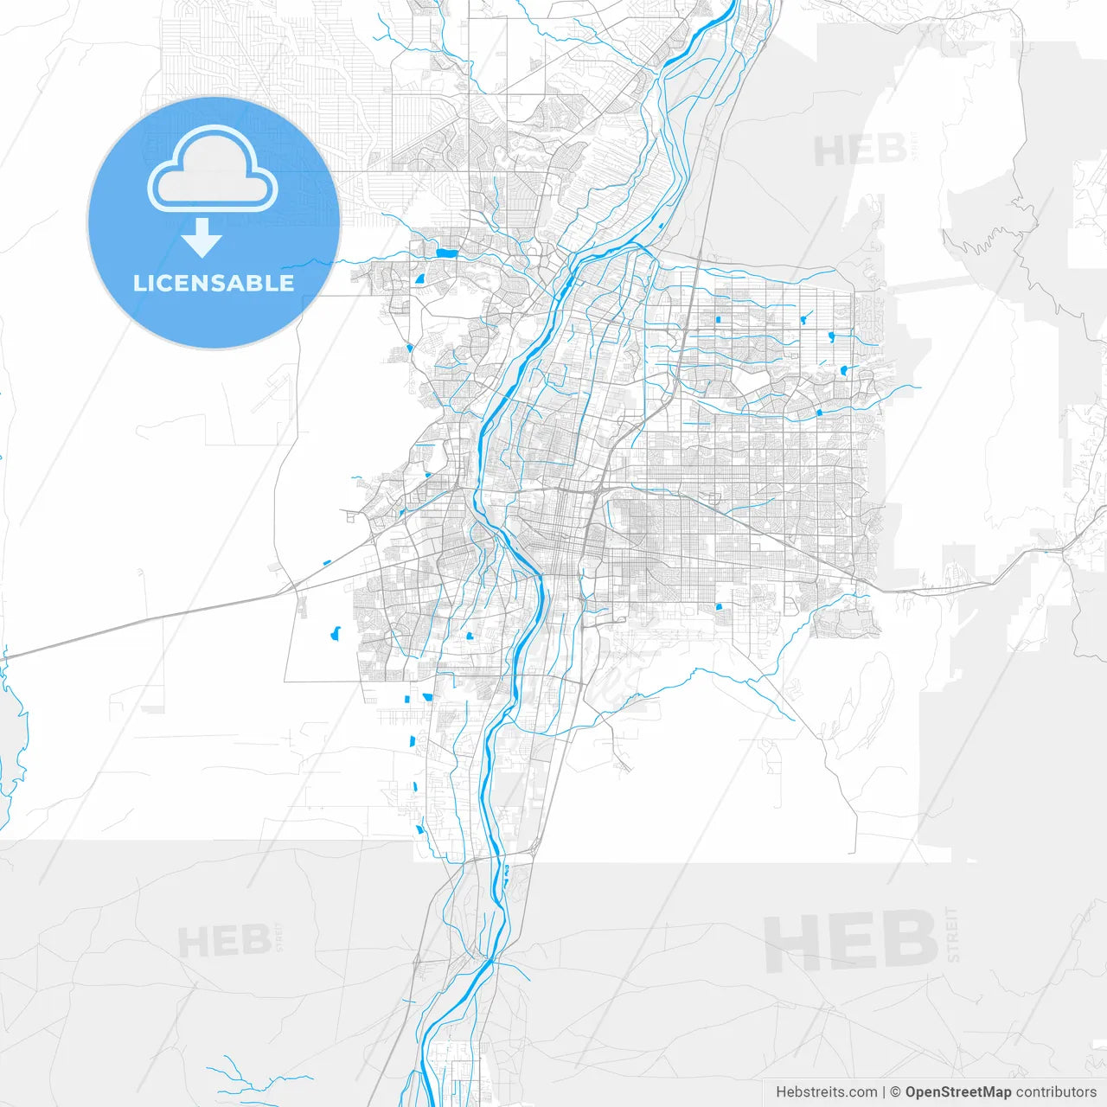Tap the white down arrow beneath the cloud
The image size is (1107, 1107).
[x=202, y=238]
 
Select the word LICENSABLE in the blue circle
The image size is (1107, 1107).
[x=214, y=283]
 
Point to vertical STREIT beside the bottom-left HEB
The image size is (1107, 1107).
[x=278, y=937]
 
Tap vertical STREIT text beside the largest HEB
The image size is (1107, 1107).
[x=953, y=935]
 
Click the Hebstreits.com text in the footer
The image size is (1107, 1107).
[x=826, y=1092]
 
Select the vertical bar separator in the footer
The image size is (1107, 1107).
[x=884, y=1092]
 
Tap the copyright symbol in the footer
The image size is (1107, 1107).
[x=896, y=1092]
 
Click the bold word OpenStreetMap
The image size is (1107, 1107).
[x=957, y=1092]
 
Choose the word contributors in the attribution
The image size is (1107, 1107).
[x=1056, y=1092]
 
